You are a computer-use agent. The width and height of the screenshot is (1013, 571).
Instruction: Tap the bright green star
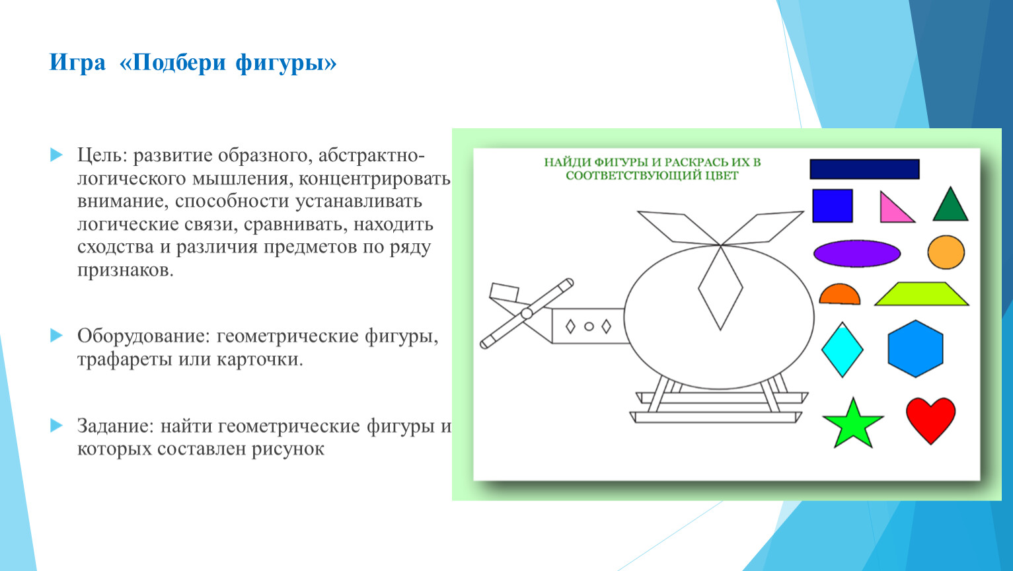[853, 426]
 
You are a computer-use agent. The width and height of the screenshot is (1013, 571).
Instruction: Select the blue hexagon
[915, 349]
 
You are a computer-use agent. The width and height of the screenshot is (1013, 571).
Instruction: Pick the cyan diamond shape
[842, 350]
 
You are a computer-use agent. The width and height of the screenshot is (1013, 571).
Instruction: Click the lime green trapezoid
[921, 294]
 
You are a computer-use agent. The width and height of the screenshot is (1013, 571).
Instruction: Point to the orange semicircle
[839, 295]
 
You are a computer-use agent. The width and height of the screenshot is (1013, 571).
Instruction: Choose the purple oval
[857, 253]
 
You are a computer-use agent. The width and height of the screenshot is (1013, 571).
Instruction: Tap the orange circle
[946, 252]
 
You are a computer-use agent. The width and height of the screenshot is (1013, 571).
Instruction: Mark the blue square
[833, 206]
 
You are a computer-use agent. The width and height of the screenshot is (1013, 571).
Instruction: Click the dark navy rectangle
[865, 169]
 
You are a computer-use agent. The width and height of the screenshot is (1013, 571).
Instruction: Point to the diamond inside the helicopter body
[720, 287]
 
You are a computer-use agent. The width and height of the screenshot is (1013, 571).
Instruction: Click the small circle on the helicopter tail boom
[589, 326]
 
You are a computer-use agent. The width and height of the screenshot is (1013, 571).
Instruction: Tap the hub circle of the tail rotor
[527, 313]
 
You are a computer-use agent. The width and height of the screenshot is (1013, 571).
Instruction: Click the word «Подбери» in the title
[179, 63]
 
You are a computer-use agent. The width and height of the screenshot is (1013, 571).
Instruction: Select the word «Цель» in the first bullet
[102, 155]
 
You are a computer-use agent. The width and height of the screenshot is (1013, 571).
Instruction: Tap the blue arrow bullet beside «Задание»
[56, 426]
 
